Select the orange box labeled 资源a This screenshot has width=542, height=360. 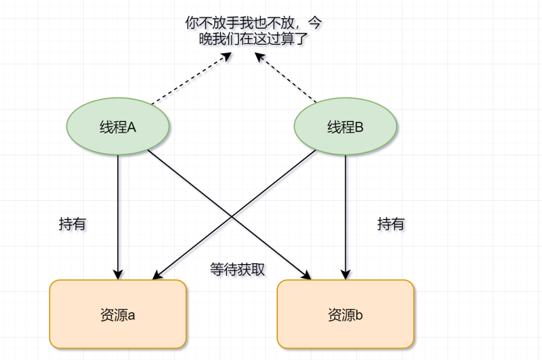(x=118, y=314)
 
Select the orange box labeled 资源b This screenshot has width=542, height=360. (x=345, y=314)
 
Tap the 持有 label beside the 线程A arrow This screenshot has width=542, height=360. (x=72, y=224)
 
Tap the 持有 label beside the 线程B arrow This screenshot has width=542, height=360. (x=390, y=224)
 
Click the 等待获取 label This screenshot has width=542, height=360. (x=237, y=270)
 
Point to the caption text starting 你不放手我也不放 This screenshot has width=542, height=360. (x=253, y=31)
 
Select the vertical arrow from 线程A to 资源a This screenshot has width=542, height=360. (x=118, y=211)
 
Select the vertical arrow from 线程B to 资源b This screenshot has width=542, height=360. (x=345, y=211)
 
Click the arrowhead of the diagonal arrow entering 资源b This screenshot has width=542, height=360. (x=307, y=276)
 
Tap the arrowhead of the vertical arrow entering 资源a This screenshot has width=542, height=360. (x=118, y=275)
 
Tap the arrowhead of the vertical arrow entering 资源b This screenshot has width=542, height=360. (x=345, y=275)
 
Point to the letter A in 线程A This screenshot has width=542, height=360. (x=131, y=128)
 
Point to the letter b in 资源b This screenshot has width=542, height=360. (x=359, y=315)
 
